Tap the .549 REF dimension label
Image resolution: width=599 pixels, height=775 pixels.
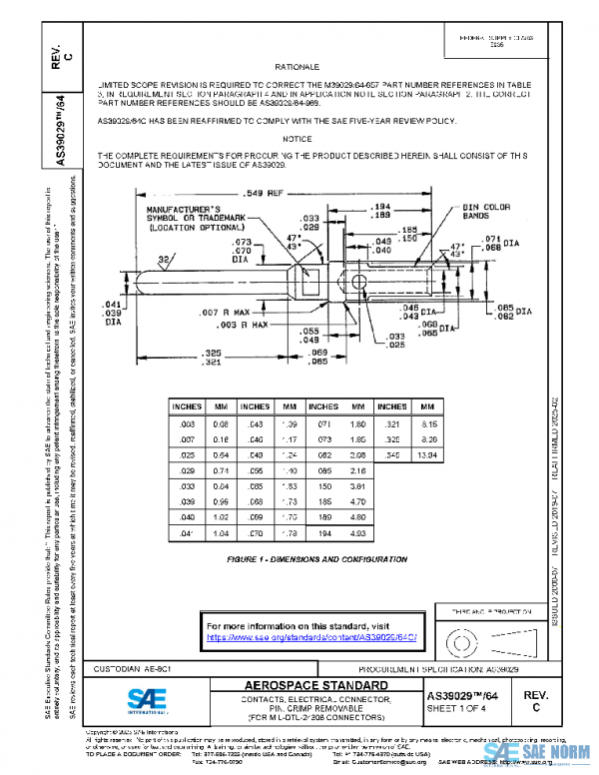[x=264, y=191]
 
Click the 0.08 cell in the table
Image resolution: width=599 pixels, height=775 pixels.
[x=222, y=423]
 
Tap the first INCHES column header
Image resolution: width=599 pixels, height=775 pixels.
[x=187, y=406]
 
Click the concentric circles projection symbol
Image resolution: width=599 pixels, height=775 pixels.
[x=460, y=635]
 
